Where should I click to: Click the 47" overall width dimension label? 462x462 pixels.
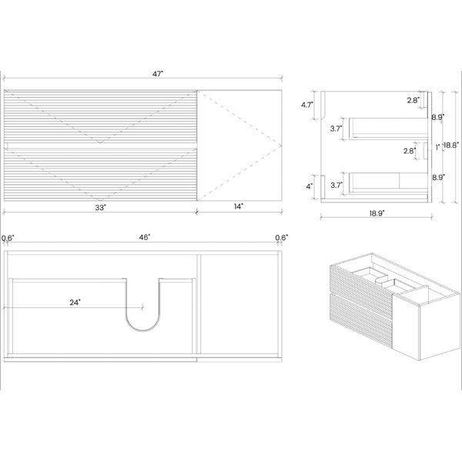point(158,74)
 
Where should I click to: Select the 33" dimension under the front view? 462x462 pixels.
point(100,208)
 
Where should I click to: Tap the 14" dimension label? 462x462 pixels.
point(239,206)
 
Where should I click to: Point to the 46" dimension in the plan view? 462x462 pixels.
point(145,237)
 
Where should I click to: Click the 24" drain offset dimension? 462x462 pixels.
point(75,303)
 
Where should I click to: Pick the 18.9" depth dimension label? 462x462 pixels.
point(377,213)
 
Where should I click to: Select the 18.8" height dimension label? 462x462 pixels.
point(451,145)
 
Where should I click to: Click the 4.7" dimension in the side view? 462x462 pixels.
point(307,105)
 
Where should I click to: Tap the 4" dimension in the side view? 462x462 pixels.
point(309,186)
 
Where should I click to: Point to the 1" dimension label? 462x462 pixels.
point(438,147)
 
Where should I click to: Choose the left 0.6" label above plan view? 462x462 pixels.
point(8,238)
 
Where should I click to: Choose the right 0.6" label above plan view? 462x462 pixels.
point(281,237)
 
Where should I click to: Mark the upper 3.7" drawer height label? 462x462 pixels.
point(336,129)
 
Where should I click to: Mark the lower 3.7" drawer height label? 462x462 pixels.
point(336,186)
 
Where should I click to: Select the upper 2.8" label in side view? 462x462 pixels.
point(413,100)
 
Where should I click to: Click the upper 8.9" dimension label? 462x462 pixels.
point(438,117)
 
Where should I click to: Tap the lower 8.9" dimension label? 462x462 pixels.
point(438,177)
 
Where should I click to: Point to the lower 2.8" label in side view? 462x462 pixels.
point(410,151)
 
